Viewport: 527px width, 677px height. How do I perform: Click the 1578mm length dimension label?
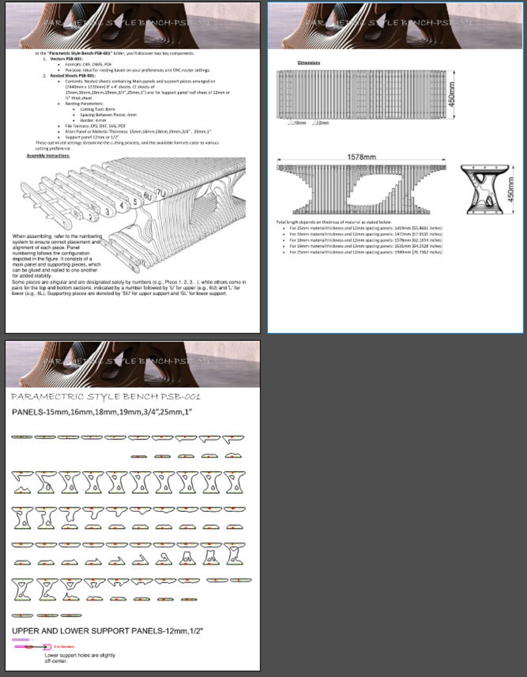(361, 157)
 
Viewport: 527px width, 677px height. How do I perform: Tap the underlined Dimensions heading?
(308, 62)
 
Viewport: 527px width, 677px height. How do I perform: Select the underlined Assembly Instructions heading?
(48, 156)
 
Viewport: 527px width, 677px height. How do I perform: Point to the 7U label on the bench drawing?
(161, 192)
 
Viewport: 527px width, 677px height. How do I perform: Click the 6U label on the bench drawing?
(147, 197)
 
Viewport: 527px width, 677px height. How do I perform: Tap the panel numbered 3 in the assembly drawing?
(107, 212)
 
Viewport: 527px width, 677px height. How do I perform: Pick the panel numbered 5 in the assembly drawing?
(135, 202)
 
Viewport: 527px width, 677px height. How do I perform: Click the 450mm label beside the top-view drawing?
(452, 94)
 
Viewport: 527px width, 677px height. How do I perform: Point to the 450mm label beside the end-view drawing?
(510, 189)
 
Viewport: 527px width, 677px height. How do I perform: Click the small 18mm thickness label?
(300, 123)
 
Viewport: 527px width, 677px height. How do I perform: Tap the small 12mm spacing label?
(322, 123)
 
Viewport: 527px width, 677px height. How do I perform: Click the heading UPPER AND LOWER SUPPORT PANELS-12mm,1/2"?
(107, 631)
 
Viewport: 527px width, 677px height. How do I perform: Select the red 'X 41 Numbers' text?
(64, 647)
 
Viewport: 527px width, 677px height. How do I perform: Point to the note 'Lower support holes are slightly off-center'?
(80, 658)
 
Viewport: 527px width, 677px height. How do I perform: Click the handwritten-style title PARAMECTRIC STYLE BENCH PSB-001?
(105, 397)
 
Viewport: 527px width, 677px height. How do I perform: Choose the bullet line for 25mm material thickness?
(365, 252)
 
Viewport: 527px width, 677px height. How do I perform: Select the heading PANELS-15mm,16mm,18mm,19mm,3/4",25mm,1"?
(102, 412)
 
